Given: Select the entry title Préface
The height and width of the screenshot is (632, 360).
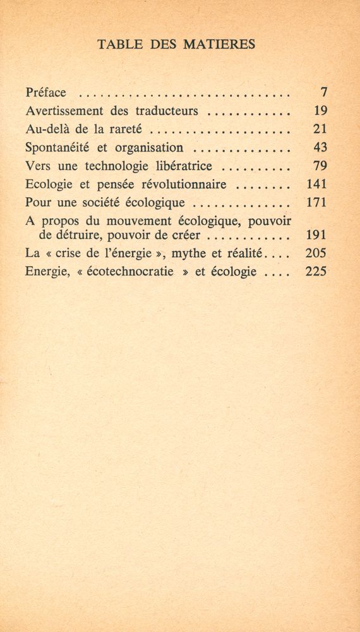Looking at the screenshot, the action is [46, 93].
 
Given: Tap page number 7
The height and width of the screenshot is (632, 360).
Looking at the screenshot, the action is [322, 93].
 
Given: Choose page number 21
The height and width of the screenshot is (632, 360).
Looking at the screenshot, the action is [319, 130].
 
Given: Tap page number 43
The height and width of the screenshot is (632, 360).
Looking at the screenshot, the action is [319, 149].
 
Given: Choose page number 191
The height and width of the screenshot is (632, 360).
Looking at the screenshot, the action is [315, 235].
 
